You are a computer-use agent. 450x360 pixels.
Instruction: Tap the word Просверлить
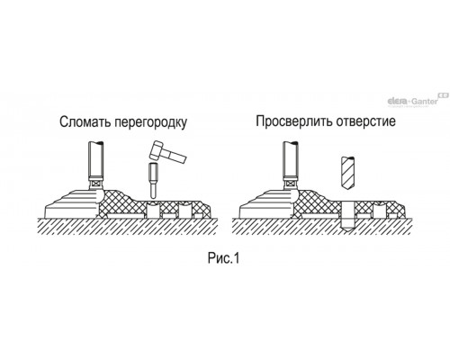tap(294, 121)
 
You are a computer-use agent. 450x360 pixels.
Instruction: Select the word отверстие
tap(366, 121)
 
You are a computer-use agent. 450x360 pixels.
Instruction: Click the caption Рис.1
tap(224, 258)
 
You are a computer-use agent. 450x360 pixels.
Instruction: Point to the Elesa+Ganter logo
tap(417, 100)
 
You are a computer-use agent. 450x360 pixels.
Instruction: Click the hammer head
tap(157, 149)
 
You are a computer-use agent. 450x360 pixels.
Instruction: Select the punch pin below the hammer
tap(153, 181)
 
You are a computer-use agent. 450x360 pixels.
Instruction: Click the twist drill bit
tap(348, 173)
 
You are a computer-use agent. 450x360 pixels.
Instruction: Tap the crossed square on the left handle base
tap(96, 183)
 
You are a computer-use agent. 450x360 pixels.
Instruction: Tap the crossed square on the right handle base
tap(291, 183)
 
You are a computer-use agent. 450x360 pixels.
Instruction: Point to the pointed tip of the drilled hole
tap(348, 232)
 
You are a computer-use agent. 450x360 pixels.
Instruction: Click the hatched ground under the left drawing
tap(128, 227)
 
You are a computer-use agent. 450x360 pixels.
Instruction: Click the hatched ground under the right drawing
tap(321, 227)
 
